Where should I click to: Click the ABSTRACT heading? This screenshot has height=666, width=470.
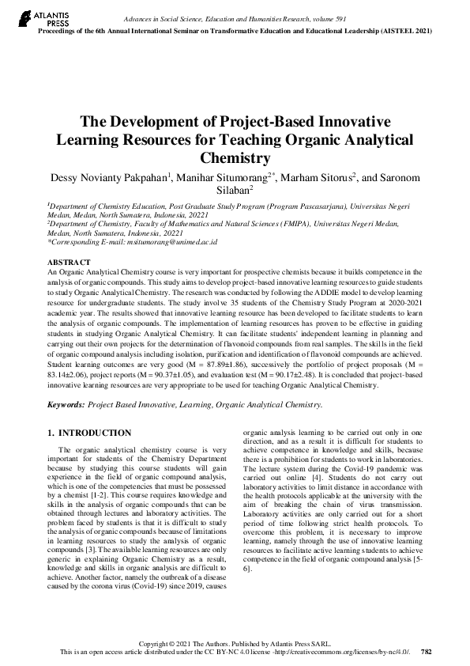click(69, 261)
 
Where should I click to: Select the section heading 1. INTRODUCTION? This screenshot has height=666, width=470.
click(89, 433)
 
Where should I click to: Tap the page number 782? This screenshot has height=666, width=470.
click(427, 652)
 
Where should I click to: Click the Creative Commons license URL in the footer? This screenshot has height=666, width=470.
click(350, 652)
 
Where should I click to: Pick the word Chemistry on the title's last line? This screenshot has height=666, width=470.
click(235, 157)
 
